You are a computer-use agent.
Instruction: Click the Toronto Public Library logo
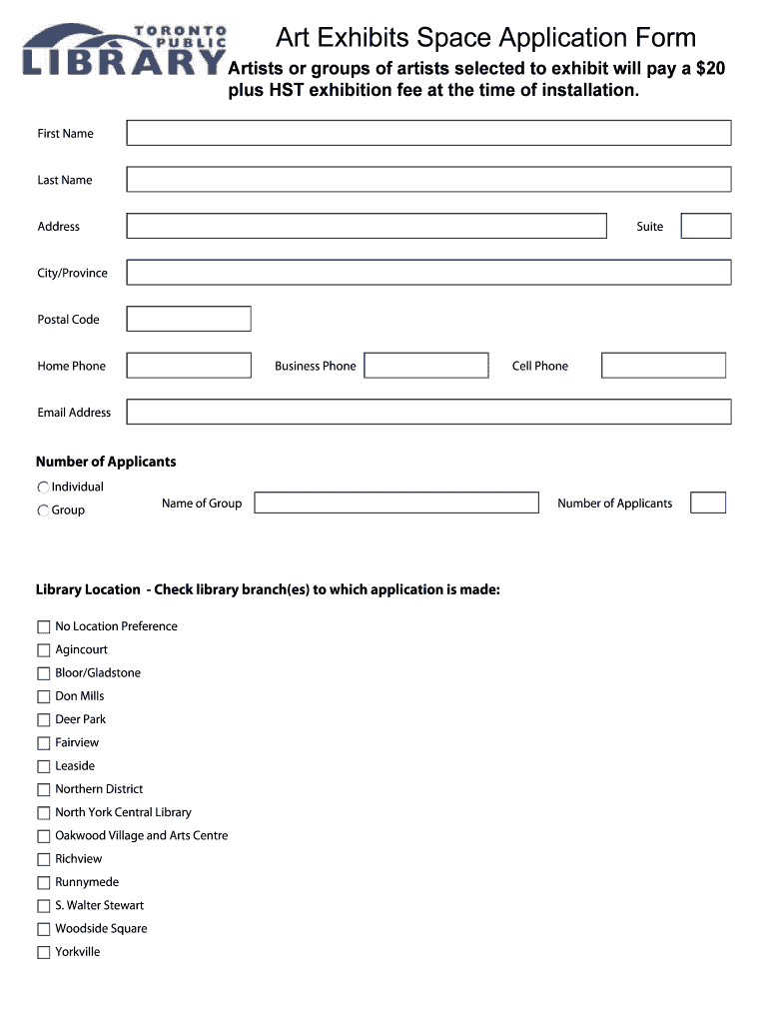(124, 51)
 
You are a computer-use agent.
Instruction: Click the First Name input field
(428, 133)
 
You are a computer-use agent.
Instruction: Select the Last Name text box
(428, 180)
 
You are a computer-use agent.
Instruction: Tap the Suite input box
(706, 226)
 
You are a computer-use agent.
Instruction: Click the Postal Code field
(189, 319)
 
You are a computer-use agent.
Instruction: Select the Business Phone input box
(426, 366)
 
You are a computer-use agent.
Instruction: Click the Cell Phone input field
(663, 366)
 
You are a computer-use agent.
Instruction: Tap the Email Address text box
(428, 412)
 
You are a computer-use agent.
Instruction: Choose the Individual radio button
(43, 488)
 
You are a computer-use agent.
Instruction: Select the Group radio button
(43, 511)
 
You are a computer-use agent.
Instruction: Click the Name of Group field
(396, 503)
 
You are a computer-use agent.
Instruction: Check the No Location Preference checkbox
(43, 627)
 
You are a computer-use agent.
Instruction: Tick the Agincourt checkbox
(43, 650)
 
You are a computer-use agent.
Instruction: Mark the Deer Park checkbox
(43, 720)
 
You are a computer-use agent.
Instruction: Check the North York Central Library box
(43, 813)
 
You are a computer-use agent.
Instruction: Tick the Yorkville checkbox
(43, 953)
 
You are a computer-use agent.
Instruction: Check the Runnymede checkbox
(43, 883)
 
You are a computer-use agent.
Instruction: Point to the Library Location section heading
(268, 589)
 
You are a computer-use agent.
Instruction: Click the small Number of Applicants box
(708, 503)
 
